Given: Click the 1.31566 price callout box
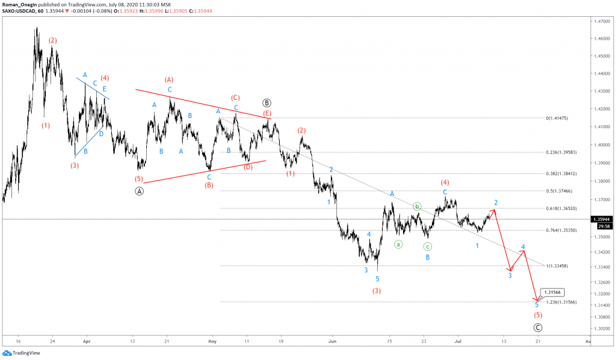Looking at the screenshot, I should coord(552,292).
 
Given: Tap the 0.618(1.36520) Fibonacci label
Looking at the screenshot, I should coord(561,208).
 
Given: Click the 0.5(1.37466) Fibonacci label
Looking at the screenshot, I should coord(559,191).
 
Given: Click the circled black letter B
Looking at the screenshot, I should coord(267,103).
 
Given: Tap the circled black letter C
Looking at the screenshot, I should coord(538,327).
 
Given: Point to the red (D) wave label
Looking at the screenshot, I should coord(248,167).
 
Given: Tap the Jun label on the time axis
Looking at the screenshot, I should coord(331,340).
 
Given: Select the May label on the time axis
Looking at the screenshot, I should coord(211,340).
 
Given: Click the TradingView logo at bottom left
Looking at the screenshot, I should coord(18,353).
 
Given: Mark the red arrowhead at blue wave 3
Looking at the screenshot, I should coord(510,269).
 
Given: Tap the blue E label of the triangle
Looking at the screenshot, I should coord(106,88).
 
